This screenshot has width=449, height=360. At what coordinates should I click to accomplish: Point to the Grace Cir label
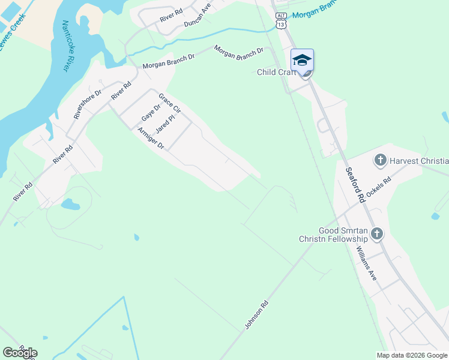[x=170, y=103]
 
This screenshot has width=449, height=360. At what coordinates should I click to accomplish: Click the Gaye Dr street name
[x=151, y=112]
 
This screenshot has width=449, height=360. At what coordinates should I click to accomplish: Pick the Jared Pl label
[x=164, y=124]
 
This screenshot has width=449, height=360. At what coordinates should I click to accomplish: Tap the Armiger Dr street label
[x=151, y=138]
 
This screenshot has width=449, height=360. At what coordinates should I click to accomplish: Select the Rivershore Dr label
[x=88, y=104]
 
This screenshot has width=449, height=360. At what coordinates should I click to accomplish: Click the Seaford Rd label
[x=355, y=184]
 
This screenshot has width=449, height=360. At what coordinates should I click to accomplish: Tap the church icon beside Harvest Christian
[x=379, y=160]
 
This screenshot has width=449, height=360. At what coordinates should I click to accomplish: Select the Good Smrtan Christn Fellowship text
[x=333, y=235]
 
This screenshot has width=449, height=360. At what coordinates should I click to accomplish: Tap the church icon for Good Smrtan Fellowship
[x=376, y=234]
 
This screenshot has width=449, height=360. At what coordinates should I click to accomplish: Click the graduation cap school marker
[x=302, y=60]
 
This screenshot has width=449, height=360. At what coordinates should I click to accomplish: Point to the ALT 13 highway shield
[x=281, y=21]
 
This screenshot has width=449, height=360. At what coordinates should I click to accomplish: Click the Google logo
[x=20, y=353]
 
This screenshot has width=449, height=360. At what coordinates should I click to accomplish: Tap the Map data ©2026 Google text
[x=412, y=355]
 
